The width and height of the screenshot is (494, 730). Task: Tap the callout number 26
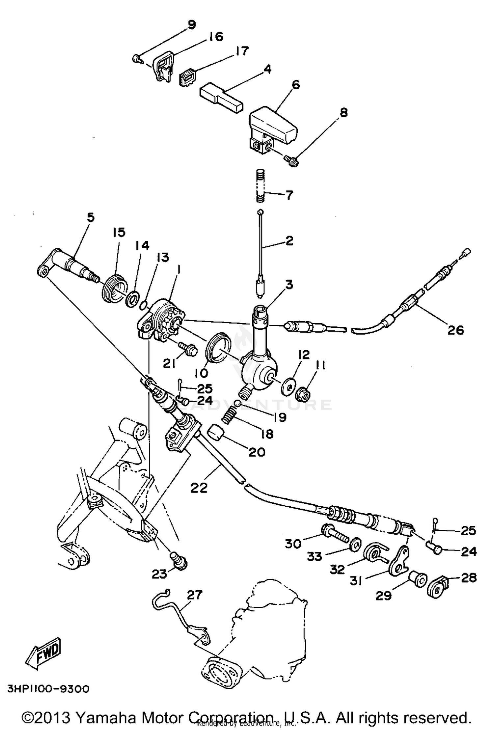tap(455, 330)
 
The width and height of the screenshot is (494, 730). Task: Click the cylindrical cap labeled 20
tap(215, 433)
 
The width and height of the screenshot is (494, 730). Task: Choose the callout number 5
tap(91, 217)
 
